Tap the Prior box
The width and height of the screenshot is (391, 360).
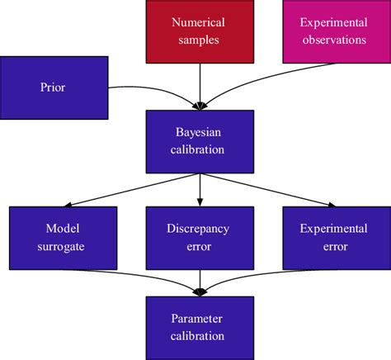tap(53, 87)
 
